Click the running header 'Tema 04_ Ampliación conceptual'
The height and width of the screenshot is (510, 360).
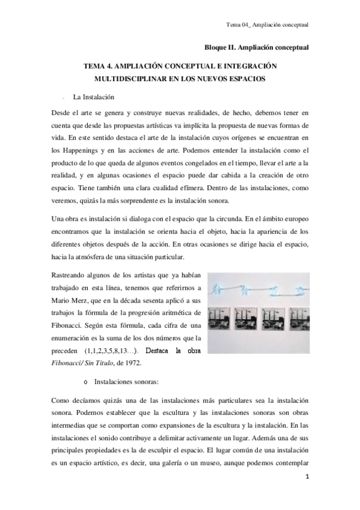267,25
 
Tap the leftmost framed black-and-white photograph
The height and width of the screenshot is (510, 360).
219,321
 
